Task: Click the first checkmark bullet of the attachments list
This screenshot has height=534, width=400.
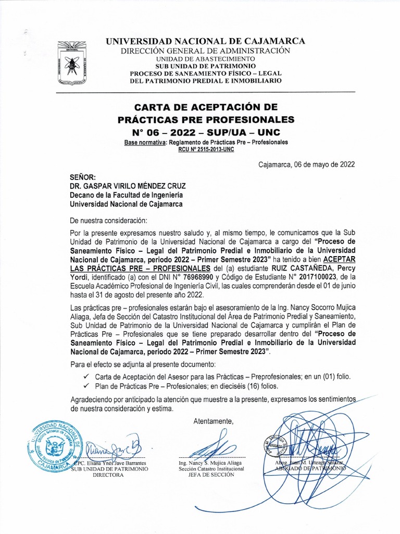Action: [x=86, y=377]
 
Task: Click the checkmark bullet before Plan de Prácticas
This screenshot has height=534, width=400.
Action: [x=86, y=386]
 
